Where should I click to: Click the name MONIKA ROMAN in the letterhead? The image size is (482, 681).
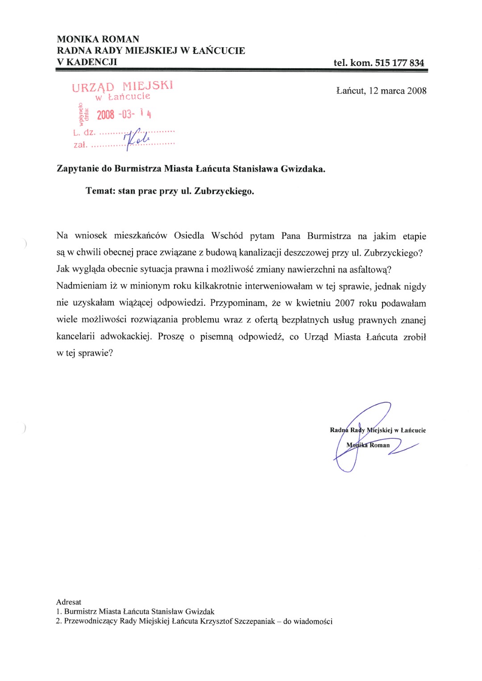pos(98,39)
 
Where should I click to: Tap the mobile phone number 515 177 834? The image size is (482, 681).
pos(399,63)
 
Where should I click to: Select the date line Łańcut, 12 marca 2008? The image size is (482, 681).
pos(381,91)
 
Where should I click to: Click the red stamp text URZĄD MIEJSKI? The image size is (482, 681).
pos(122,86)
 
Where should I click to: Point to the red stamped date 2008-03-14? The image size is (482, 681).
pos(124,115)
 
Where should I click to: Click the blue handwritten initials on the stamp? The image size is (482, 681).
pos(137,139)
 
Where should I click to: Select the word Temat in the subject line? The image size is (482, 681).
pos(100,191)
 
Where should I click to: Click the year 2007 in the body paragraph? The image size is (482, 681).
pos(345,303)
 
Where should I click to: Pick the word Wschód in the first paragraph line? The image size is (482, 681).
pos(227,236)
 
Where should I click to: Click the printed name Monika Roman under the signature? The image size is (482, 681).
pos(368,445)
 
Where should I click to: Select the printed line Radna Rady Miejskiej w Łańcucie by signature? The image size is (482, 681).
pos(378,430)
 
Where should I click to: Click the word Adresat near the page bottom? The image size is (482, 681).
pos(69,602)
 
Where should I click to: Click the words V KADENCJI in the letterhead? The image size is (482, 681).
pos(87,62)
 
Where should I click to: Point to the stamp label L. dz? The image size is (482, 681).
pos(84,132)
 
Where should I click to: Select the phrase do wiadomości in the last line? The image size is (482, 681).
pos(307,621)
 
